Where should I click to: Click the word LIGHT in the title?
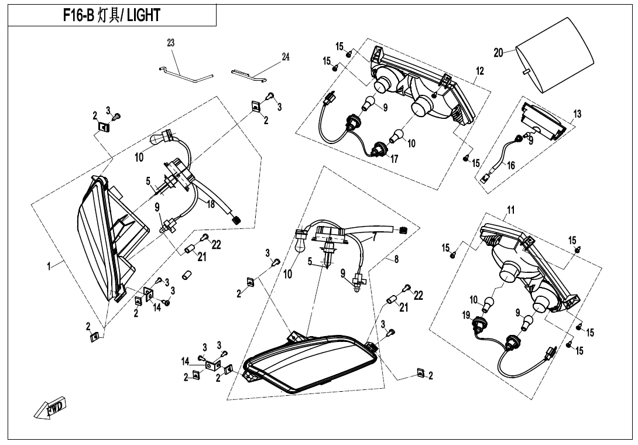point(143,15)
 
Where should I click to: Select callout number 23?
point(171,43)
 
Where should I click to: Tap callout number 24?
point(286,57)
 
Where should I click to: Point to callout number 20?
point(499,53)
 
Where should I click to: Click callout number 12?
point(480,71)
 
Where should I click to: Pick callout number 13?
point(577,114)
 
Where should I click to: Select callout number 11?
point(510,210)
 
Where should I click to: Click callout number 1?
point(49,266)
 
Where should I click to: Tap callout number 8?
point(396,259)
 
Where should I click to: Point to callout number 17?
point(394,159)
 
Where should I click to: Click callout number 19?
point(466,315)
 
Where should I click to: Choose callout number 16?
point(510,165)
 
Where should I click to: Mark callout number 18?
point(210,204)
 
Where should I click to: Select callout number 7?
point(375,238)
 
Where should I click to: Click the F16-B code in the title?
point(78,15)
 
